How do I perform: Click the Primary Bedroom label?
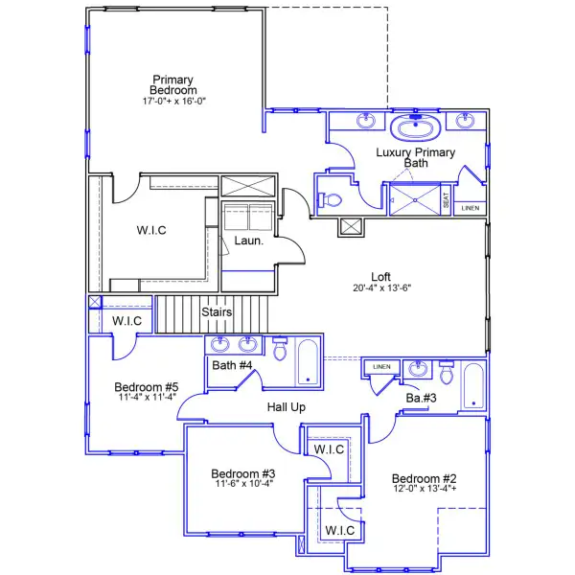(173, 84)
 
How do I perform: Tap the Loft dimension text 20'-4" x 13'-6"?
(381, 287)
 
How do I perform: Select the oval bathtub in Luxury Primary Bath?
(416, 127)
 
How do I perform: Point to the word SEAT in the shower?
(446, 200)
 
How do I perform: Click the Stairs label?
(217, 311)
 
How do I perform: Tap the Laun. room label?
(249, 241)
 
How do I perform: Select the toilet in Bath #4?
(280, 348)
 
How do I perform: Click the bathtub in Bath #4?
(308, 362)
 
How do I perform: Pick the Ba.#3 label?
(422, 398)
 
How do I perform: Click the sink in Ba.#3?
(418, 369)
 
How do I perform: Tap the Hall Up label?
(286, 407)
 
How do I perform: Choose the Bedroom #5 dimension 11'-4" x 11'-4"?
(147, 397)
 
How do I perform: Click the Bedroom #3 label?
(243, 473)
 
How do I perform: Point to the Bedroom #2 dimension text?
(425, 488)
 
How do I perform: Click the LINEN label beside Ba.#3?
(381, 367)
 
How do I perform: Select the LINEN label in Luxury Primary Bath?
(471, 208)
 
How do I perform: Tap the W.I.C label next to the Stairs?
(126, 321)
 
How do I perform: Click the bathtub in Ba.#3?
(473, 386)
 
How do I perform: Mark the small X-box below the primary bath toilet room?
(351, 227)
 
